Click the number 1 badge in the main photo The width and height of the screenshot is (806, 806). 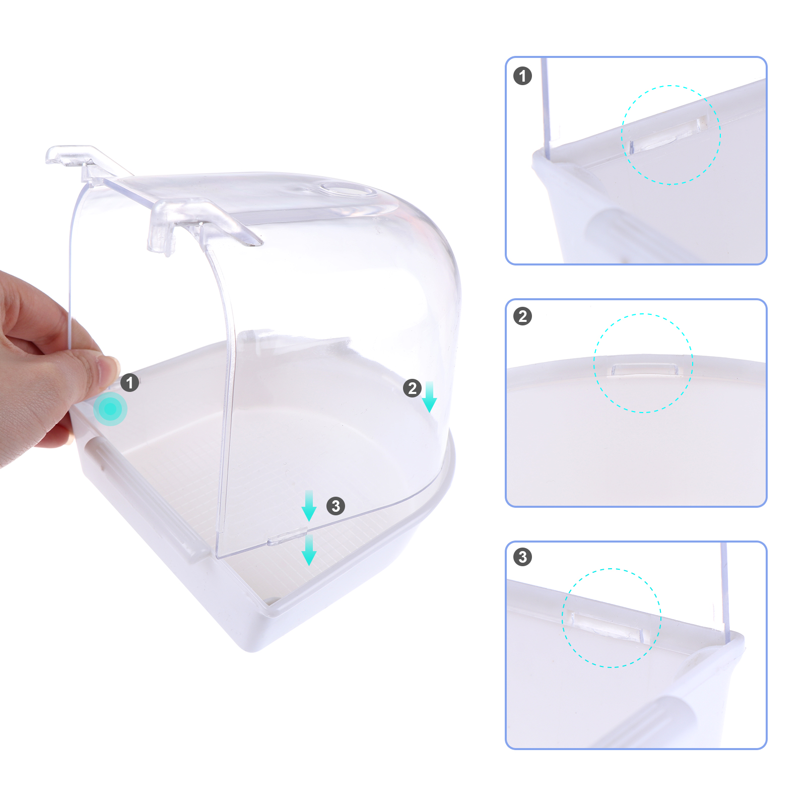(x=130, y=383)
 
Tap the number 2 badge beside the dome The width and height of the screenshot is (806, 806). (x=412, y=388)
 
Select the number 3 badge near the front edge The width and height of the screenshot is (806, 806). (x=336, y=506)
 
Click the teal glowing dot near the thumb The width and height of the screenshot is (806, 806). (x=110, y=409)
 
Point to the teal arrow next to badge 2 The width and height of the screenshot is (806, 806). (x=429, y=397)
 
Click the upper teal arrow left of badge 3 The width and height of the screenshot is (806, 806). (x=309, y=506)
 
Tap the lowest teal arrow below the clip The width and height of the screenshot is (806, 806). (x=309, y=550)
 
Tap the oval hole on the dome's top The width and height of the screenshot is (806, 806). (x=347, y=190)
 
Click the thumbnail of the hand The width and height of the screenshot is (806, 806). (x=110, y=370)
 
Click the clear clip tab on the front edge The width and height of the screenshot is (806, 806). (x=288, y=536)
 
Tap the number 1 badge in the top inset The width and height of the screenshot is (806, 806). (x=522, y=76)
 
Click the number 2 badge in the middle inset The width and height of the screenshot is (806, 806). (x=522, y=316)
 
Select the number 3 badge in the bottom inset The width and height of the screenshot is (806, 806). (x=522, y=557)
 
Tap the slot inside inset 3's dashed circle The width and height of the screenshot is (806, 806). (x=604, y=626)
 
